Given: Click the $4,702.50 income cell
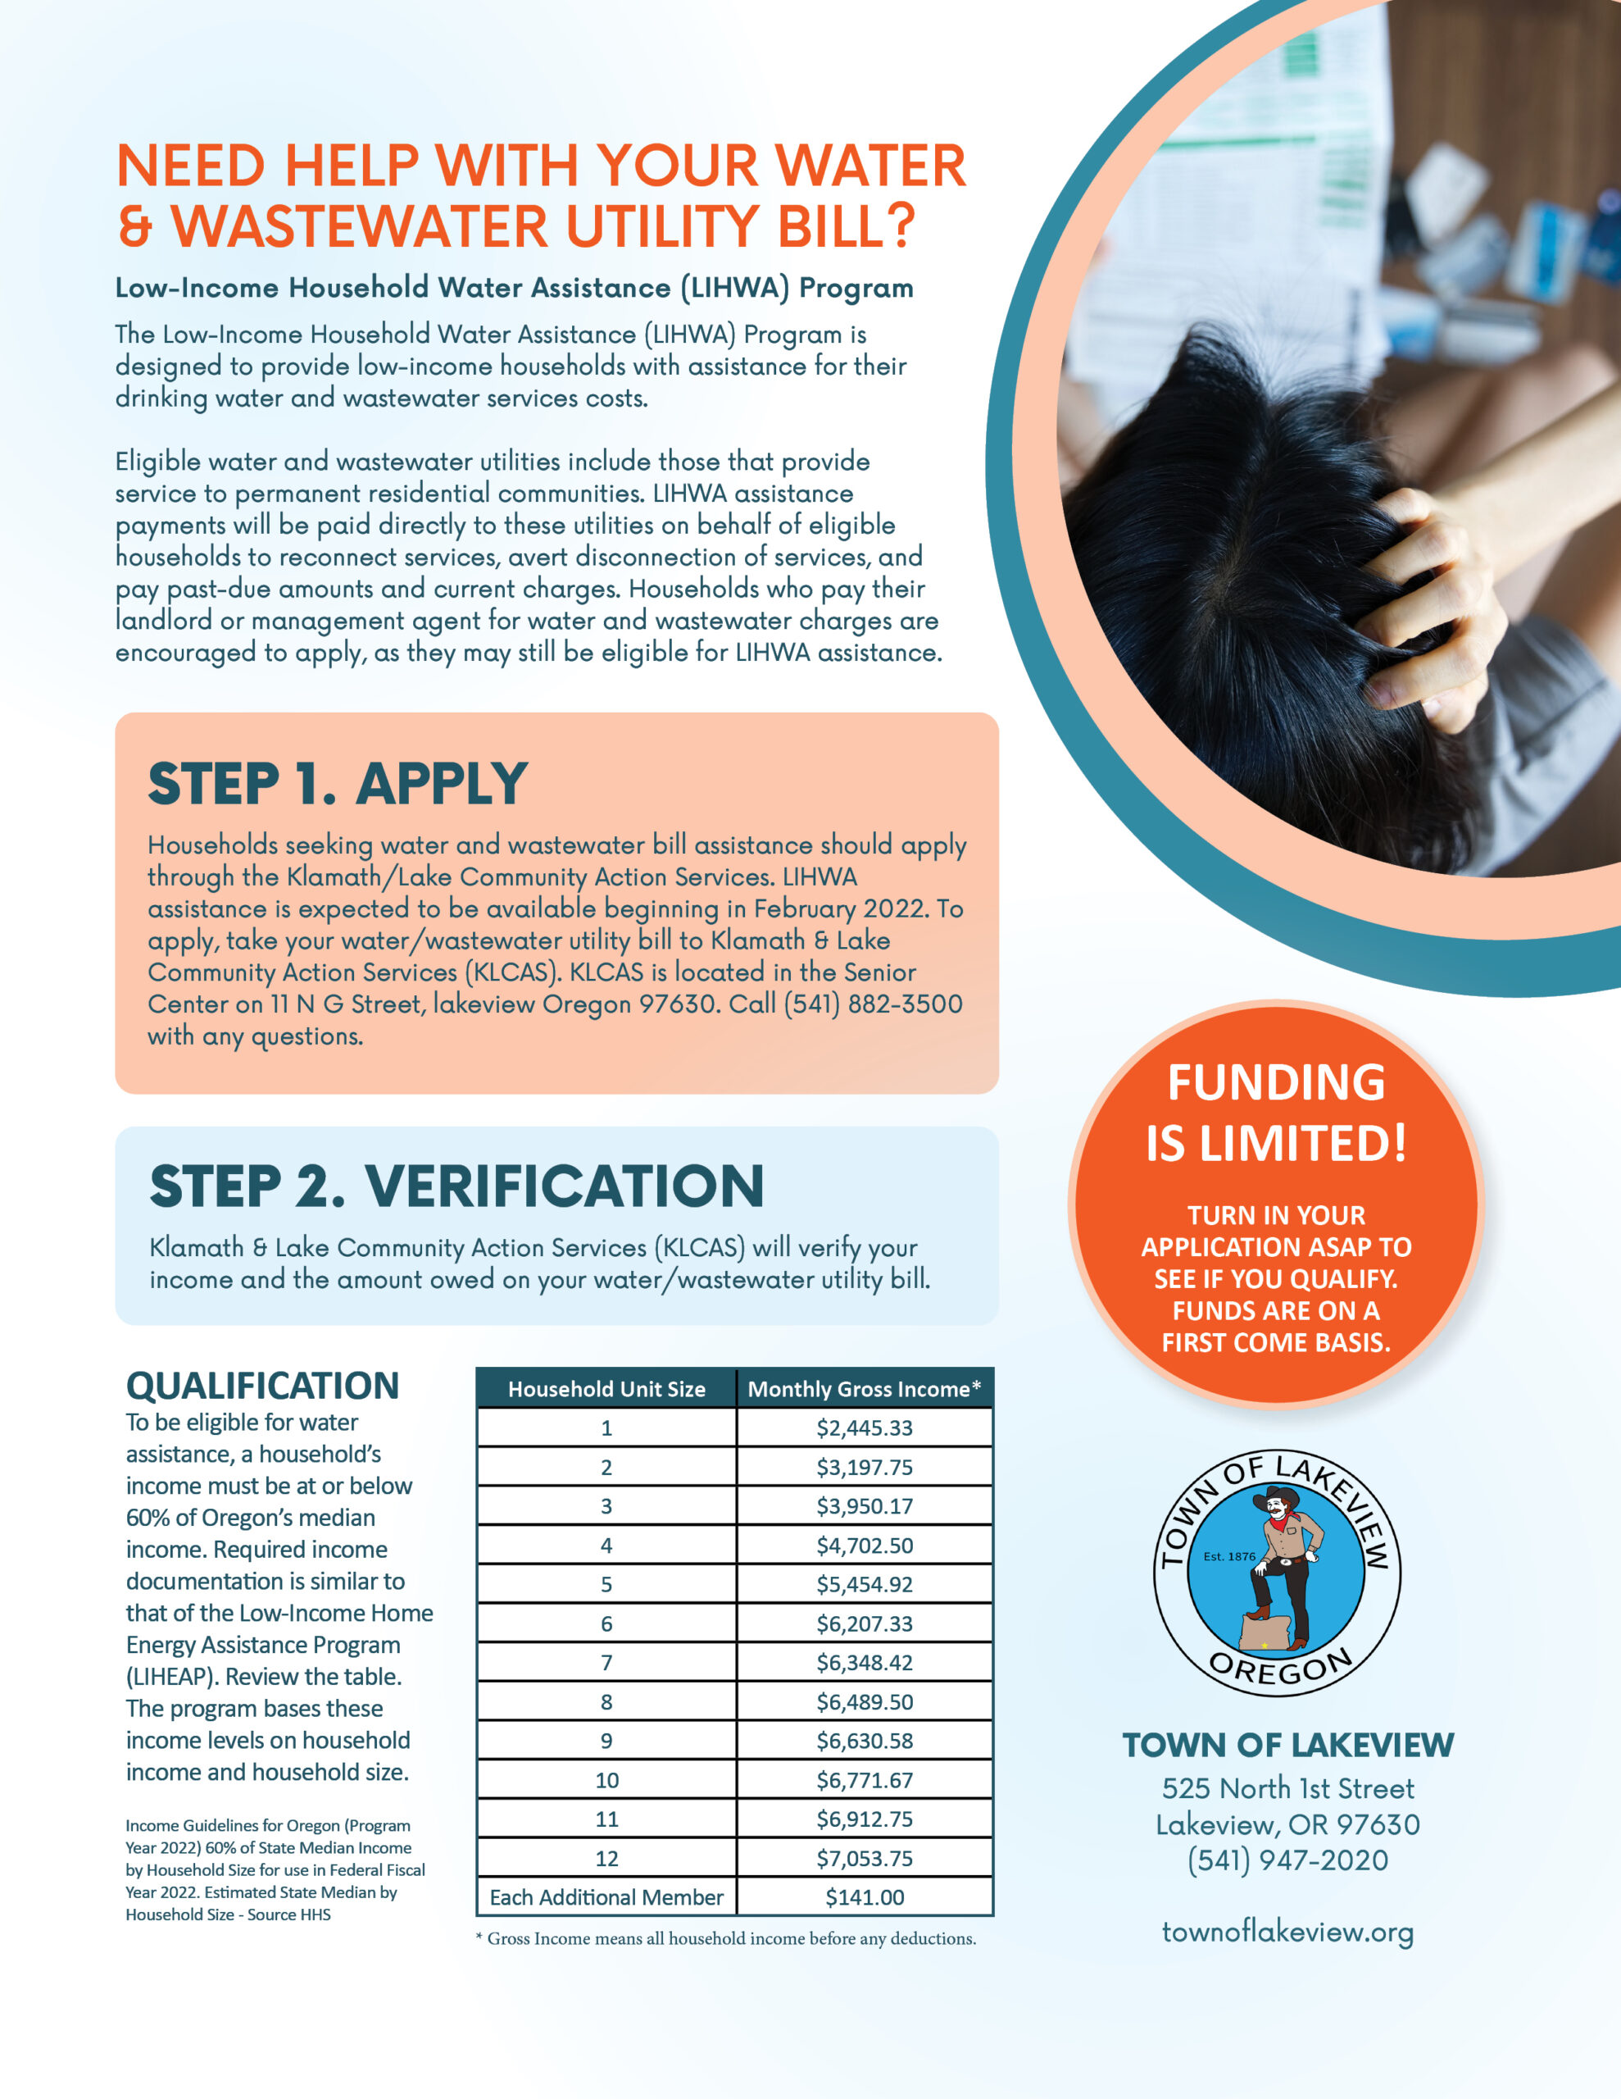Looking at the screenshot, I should pos(864,1546).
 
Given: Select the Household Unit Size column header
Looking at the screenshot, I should pos(606,1389).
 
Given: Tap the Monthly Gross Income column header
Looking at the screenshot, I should pos(864,1389).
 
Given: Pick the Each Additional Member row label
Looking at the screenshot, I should pos(606,1897).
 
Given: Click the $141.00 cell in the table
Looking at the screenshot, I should pos(864,1897).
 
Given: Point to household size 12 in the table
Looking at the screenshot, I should pos(606,1858).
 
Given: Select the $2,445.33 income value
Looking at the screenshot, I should pos(864,1428).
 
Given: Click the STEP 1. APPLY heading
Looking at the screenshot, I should pos(338,784).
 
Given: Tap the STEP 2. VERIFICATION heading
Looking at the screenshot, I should pos(456,1186).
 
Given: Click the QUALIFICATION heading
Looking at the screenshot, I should pos(262,1386).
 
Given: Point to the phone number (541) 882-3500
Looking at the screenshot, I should pos(873,1004).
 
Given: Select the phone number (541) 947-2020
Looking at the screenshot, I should pos(1287,1860).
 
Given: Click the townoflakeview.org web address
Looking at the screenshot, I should pos(1287,1932).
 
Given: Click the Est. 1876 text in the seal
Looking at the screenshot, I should pos(1229,1556).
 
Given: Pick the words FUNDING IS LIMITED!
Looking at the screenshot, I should pos(1276,1112).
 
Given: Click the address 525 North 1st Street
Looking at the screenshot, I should pos(1287,1788).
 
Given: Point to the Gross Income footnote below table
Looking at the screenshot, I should pos(725,1938).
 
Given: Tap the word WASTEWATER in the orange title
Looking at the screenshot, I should pos(361,227).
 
